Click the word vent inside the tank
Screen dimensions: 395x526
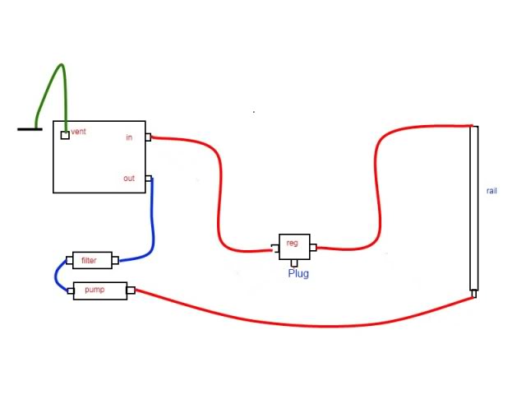click(79, 132)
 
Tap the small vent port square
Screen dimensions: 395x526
click(65, 135)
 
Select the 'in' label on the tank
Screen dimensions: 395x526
click(129, 137)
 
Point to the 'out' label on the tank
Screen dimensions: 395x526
click(129, 178)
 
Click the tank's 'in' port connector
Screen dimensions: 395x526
click(148, 137)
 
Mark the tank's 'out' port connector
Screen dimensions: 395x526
click(148, 178)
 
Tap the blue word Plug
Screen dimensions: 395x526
click(298, 273)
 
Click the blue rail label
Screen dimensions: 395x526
click(491, 191)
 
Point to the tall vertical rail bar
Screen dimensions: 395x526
click(473, 206)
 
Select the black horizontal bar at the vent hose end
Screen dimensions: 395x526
click(30, 129)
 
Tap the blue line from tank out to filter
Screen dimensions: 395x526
click(152, 222)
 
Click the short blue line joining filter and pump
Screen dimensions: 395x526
click(58, 275)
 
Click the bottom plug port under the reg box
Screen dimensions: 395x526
click(295, 263)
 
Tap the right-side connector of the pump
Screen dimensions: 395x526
click(131, 290)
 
